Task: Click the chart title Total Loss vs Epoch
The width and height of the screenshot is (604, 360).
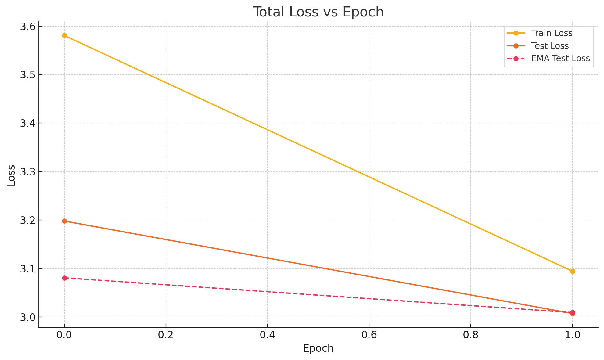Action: (318, 12)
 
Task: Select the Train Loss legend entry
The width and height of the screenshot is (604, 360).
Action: (552, 33)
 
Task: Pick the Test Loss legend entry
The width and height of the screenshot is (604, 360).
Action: (550, 46)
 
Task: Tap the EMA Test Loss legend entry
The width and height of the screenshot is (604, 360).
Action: (560, 59)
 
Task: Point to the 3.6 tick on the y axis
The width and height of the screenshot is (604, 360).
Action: (28, 27)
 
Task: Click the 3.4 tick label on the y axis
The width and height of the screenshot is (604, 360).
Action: (28, 123)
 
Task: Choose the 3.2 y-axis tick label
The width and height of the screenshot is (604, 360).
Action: (28, 220)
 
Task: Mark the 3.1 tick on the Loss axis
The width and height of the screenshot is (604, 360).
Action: (28, 269)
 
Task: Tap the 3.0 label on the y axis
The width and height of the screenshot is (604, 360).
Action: (28, 317)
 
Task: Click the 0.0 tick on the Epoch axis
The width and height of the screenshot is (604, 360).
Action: (64, 335)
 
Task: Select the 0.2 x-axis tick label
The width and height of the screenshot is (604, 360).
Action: (166, 335)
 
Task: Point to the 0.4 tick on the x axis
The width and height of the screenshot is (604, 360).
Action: (267, 335)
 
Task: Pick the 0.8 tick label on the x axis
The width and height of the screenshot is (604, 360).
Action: (470, 335)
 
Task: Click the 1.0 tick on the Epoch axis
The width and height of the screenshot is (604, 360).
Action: (572, 335)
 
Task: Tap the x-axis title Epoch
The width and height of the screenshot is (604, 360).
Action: (318, 348)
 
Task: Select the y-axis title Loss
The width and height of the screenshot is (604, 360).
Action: (11, 175)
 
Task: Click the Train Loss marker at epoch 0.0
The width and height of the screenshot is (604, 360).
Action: (64, 36)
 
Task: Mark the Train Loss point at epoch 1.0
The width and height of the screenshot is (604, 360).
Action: (573, 271)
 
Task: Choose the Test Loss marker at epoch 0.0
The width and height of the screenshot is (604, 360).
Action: (64, 221)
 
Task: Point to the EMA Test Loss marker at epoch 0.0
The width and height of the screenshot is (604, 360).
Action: (64, 278)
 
